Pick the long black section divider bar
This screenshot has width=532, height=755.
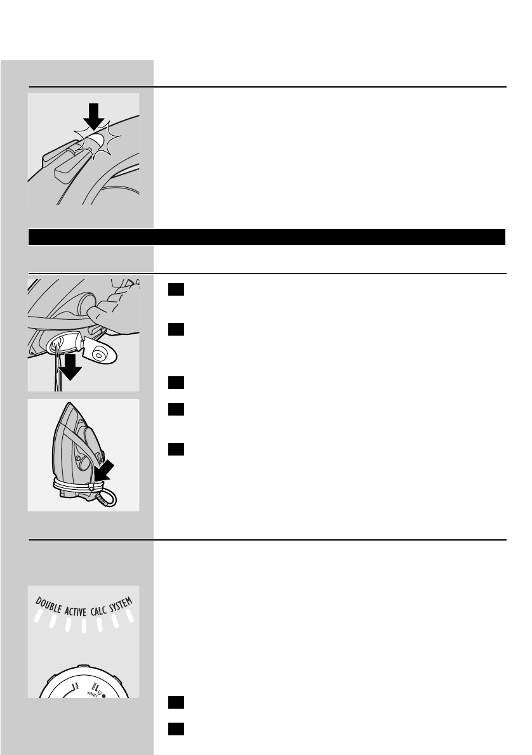coord(267,237)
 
